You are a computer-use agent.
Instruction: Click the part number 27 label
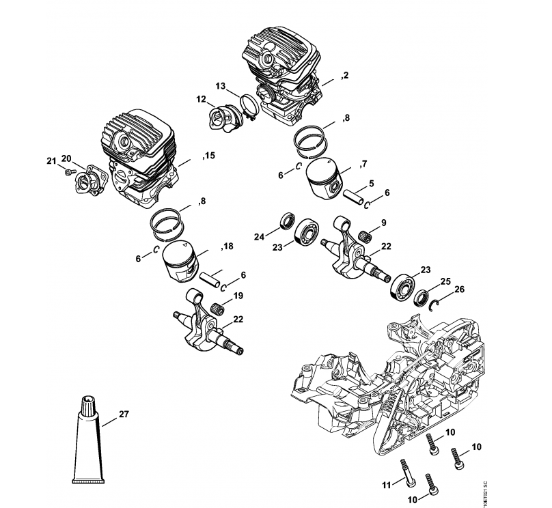[x=124, y=413]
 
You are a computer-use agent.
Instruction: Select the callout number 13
[x=220, y=86]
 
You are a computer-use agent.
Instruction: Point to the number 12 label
[x=201, y=100]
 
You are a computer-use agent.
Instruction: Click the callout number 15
[x=208, y=156]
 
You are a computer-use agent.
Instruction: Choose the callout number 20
[x=66, y=159]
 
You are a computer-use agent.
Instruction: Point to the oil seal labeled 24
[x=286, y=223]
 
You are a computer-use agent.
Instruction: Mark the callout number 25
[x=445, y=281]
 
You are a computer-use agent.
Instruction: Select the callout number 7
[x=364, y=164]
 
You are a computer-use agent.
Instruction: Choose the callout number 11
[x=386, y=485]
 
